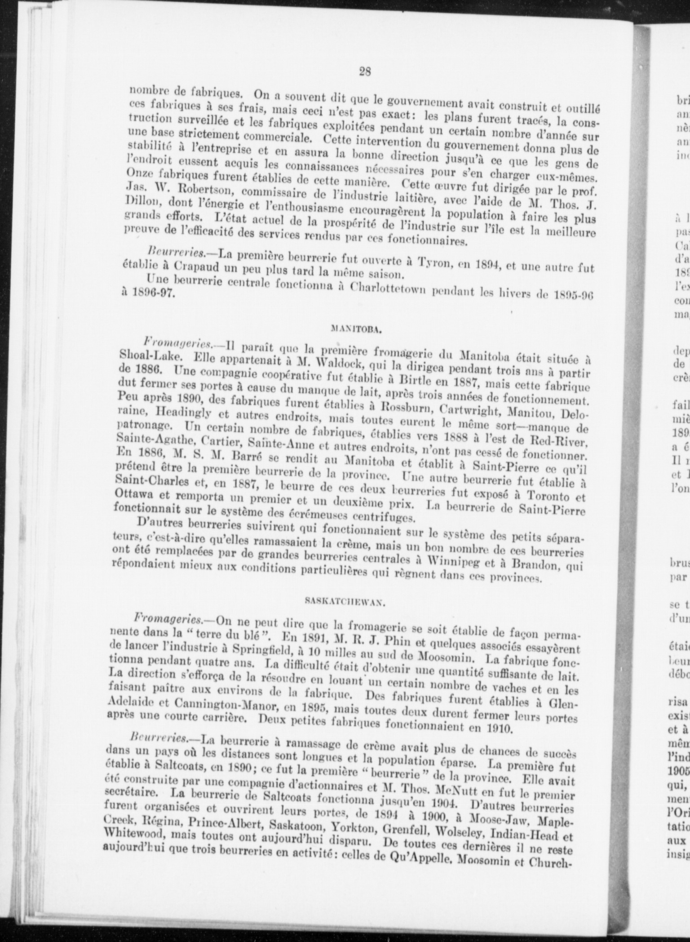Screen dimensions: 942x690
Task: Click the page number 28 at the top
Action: [x=364, y=71]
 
